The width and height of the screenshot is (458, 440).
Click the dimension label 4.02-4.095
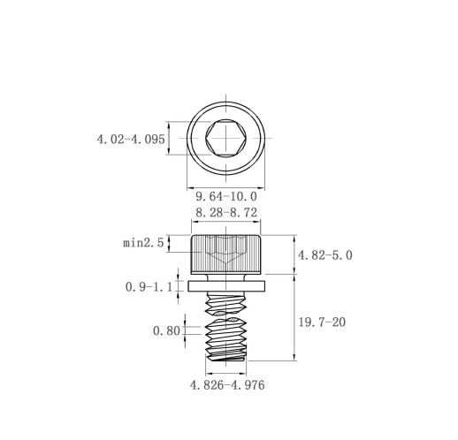click(131, 139)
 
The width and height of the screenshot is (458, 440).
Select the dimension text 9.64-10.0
click(226, 196)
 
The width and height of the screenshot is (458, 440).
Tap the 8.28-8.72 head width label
click(226, 213)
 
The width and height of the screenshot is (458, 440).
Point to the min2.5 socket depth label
click(143, 243)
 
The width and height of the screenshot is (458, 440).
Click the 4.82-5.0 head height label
click(325, 255)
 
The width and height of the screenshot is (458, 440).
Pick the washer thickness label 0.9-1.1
click(149, 287)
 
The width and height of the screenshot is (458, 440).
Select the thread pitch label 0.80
click(166, 331)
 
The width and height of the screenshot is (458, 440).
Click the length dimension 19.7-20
click(322, 322)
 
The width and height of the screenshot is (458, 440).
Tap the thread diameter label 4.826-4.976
click(227, 385)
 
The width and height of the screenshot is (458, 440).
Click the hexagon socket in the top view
click(226, 138)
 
